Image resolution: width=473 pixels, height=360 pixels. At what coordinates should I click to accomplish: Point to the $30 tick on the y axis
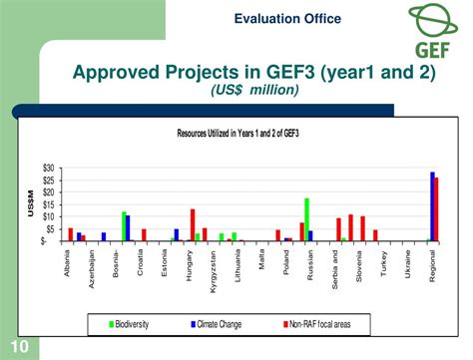[x=48, y=168]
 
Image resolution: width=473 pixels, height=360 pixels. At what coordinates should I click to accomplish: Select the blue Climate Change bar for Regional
[x=432, y=206]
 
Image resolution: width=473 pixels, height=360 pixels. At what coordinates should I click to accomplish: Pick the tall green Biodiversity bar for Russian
[x=306, y=219]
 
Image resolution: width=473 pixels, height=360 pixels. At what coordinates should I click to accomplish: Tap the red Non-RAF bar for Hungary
[x=193, y=224]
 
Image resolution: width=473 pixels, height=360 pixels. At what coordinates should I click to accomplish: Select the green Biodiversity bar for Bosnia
[x=124, y=226]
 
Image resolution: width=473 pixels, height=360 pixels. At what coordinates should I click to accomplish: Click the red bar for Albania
[x=71, y=234]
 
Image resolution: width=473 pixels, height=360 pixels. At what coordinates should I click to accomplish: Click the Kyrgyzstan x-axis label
[x=213, y=271]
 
